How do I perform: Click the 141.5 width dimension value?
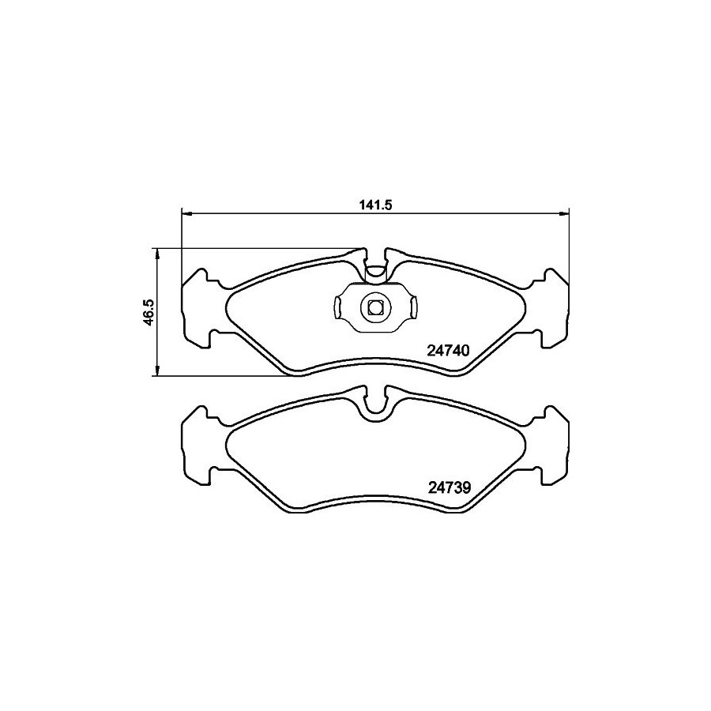tap(375, 205)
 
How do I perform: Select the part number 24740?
tap(448, 351)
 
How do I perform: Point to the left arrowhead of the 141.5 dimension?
tap(186, 213)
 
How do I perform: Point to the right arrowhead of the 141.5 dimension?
tap(563, 213)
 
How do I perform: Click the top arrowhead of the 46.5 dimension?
tap(157, 254)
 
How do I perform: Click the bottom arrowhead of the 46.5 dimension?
tap(157, 370)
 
